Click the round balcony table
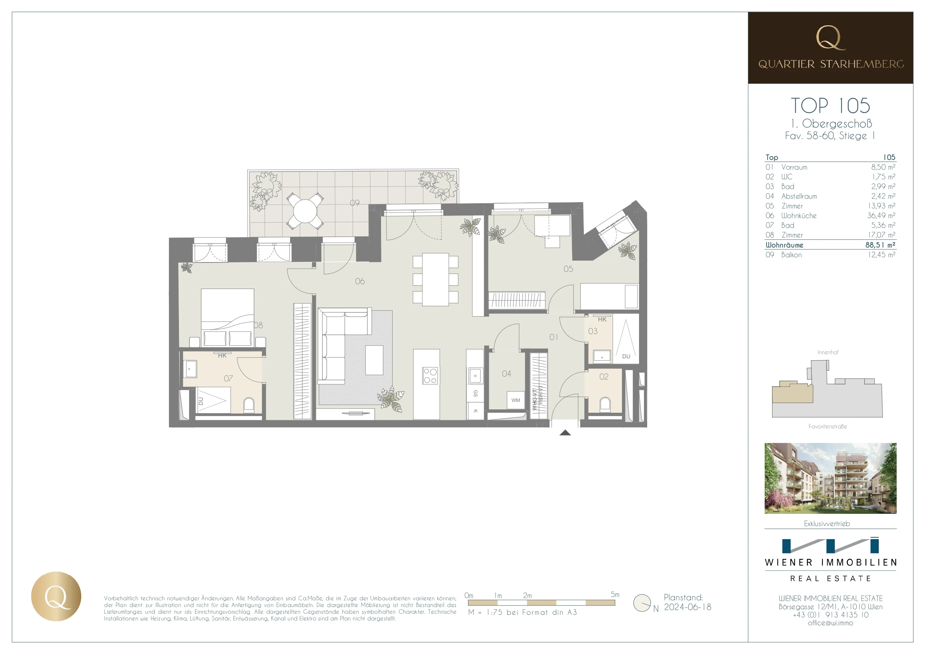(305, 211)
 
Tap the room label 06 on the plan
(360, 281)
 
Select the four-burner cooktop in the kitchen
(430, 375)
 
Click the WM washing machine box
(516, 400)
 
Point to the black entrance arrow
(565, 433)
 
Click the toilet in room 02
(605, 405)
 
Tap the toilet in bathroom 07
(249, 405)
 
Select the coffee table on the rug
(374, 360)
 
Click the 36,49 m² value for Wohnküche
(881, 216)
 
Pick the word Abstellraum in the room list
(799, 196)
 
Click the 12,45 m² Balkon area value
(881, 255)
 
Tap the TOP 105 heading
(830, 106)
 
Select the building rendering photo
(830, 478)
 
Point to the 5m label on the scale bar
(615, 594)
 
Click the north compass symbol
(642, 603)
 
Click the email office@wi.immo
(830, 623)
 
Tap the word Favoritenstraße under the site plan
(828, 426)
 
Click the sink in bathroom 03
(602, 356)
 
